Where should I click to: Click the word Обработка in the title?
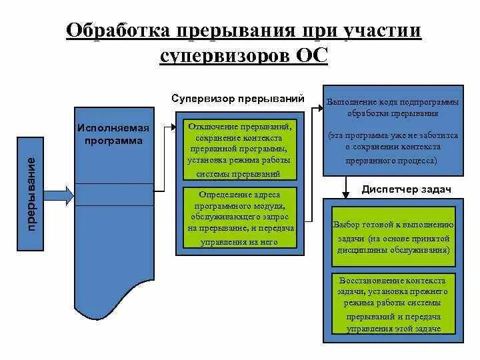click(117, 31)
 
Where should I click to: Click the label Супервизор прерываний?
click(237, 99)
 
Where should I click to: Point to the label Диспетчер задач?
click(406, 189)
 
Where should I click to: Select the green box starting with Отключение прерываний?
click(237, 150)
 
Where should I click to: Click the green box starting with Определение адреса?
click(237, 219)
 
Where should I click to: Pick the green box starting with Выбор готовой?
click(393, 237)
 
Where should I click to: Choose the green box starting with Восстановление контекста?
click(393, 304)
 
